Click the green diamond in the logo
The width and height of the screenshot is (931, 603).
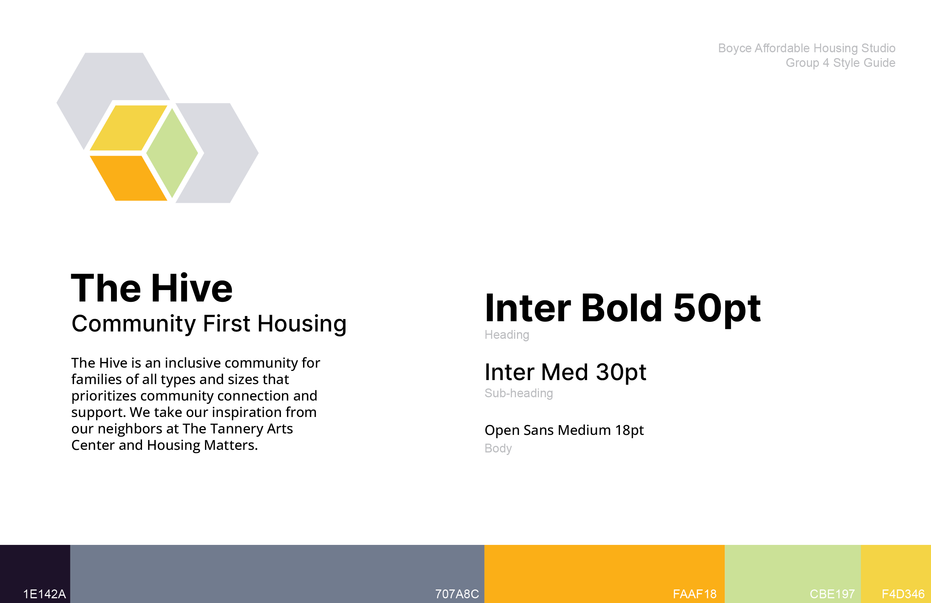[172, 153]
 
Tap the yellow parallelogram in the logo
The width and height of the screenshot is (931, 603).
[129, 128]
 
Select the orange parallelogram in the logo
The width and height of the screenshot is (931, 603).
[129, 178]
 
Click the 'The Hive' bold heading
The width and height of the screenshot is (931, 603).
[152, 288]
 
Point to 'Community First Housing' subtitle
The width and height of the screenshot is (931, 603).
[209, 324]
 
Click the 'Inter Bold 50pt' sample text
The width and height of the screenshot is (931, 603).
[623, 309]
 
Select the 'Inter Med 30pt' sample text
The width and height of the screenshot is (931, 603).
[565, 372]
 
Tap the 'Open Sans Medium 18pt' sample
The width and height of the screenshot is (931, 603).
[564, 431]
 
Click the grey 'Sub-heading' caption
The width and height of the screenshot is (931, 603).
[519, 393]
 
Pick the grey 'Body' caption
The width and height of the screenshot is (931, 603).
[498, 448]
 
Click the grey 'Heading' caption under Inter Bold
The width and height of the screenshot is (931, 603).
[507, 335]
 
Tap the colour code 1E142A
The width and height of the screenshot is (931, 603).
[45, 594]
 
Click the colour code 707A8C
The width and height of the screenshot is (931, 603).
[457, 594]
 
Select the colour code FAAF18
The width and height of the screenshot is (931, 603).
[695, 594]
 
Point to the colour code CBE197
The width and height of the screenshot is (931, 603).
[832, 594]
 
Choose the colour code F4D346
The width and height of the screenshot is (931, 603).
[903, 594]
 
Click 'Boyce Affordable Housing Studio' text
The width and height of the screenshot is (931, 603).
[807, 48]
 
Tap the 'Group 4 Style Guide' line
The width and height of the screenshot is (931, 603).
[840, 62]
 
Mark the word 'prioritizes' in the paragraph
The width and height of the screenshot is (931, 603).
[104, 396]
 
